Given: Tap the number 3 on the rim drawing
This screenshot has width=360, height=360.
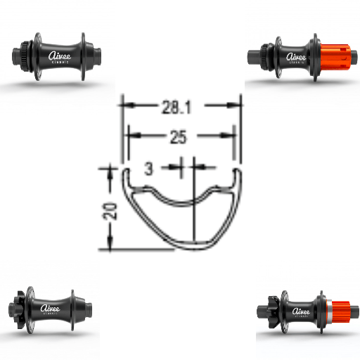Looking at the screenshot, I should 148,168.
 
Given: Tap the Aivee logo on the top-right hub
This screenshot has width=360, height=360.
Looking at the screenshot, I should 297,57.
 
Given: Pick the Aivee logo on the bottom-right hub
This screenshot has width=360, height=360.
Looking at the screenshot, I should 301,310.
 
